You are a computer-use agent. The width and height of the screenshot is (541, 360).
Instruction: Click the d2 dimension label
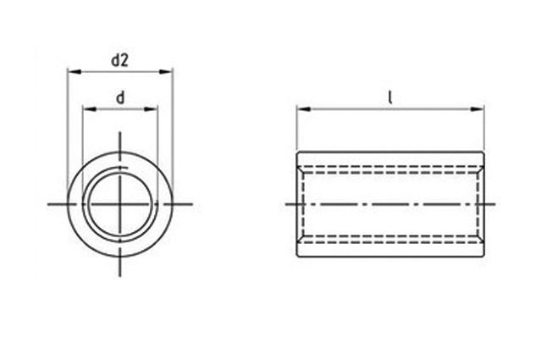pos(119,61)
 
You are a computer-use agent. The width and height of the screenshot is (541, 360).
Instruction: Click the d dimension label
pos(120,98)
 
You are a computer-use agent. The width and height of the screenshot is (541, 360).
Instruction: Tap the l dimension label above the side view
pos(390,97)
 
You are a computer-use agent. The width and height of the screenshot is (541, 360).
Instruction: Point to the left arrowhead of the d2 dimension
pos(75,72)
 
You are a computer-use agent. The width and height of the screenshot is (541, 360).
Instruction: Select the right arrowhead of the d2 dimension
pos(165,72)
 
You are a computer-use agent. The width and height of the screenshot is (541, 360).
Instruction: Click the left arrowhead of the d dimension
pos(90,109)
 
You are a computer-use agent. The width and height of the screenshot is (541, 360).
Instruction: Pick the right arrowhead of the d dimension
pos(151,109)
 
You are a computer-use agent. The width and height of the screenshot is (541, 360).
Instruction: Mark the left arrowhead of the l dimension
pos(304,109)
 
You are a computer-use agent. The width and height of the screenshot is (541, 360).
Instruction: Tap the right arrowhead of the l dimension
pos(478,109)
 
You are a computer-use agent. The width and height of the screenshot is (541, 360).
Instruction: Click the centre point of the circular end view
pos(120,204)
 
